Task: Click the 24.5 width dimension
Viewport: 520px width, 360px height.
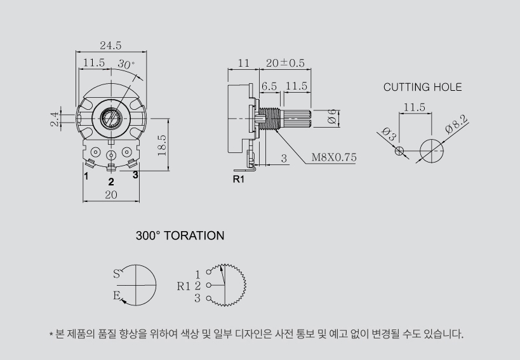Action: point(110,46)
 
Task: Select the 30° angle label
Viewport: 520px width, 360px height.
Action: point(126,64)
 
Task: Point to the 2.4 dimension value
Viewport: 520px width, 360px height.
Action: point(55,119)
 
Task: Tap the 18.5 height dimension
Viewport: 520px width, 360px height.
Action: point(162,145)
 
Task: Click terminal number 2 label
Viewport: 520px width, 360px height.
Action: point(111,182)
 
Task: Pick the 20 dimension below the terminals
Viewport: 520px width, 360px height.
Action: point(111,195)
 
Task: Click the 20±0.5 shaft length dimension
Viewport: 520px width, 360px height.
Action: point(285,63)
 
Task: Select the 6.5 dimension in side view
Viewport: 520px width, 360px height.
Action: point(269,86)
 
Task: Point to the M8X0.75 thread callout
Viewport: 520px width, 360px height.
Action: point(334,157)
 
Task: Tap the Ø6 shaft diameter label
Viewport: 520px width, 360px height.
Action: point(332,117)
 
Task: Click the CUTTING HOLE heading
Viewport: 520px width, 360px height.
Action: point(422,87)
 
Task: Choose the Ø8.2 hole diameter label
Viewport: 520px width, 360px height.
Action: point(457,124)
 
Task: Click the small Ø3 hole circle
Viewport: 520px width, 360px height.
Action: point(399,151)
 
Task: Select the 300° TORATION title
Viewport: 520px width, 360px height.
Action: point(180,236)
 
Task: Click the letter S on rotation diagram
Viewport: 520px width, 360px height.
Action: point(116,274)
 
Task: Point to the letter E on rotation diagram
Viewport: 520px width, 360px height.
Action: point(116,295)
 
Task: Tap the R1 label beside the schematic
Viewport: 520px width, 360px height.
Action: point(183,286)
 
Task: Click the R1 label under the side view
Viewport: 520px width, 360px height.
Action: point(239,179)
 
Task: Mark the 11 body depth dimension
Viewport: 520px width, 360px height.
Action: point(243,63)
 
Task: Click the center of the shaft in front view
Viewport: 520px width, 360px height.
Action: point(111,118)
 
